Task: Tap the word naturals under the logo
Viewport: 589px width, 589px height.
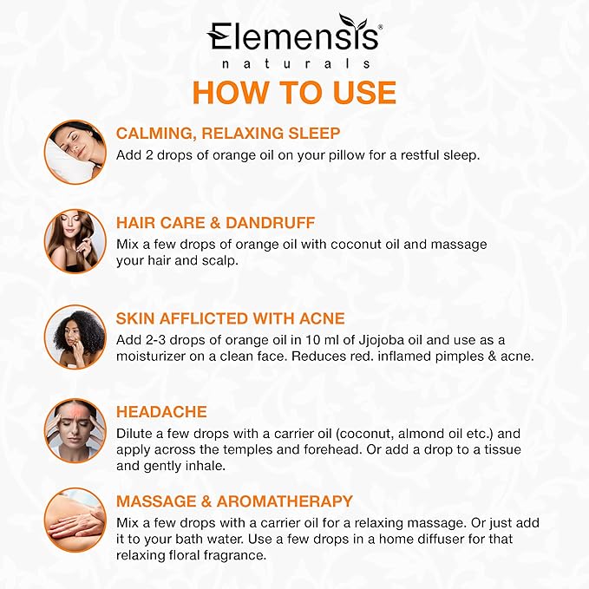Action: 294,64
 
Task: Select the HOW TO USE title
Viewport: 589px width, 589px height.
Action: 294,93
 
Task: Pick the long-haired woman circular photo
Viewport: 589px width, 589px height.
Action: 75,239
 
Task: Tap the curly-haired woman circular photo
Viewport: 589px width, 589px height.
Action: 75,336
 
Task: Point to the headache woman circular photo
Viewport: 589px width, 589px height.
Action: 75,429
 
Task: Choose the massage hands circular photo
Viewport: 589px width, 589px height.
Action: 75,520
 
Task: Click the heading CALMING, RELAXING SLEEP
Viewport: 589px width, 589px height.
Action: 228,134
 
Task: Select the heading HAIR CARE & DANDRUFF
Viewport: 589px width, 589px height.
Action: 215,223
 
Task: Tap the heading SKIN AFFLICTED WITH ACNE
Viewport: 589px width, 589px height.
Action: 230,317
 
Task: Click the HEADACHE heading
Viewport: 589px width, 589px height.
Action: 161,412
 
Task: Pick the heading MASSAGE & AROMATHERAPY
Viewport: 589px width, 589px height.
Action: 234,501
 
